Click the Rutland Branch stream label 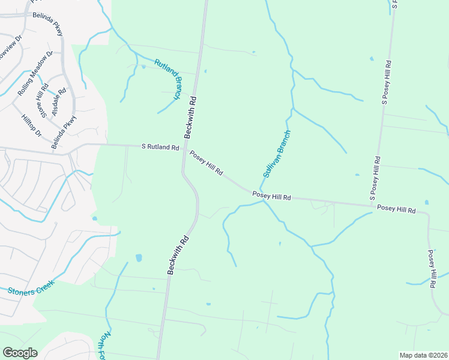(x=169, y=79)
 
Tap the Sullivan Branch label (x=276, y=154)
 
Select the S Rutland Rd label (x=160, y=147)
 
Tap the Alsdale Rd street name (x=60, y=95)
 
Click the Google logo (x=20, y=353)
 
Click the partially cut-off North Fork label (x=106, y=345)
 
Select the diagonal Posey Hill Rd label (x=206, y=163)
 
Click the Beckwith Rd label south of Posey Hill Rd (x=178, y=255)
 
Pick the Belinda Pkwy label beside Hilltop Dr (x=64, y=131)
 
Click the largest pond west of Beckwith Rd (x=139, y=258)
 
